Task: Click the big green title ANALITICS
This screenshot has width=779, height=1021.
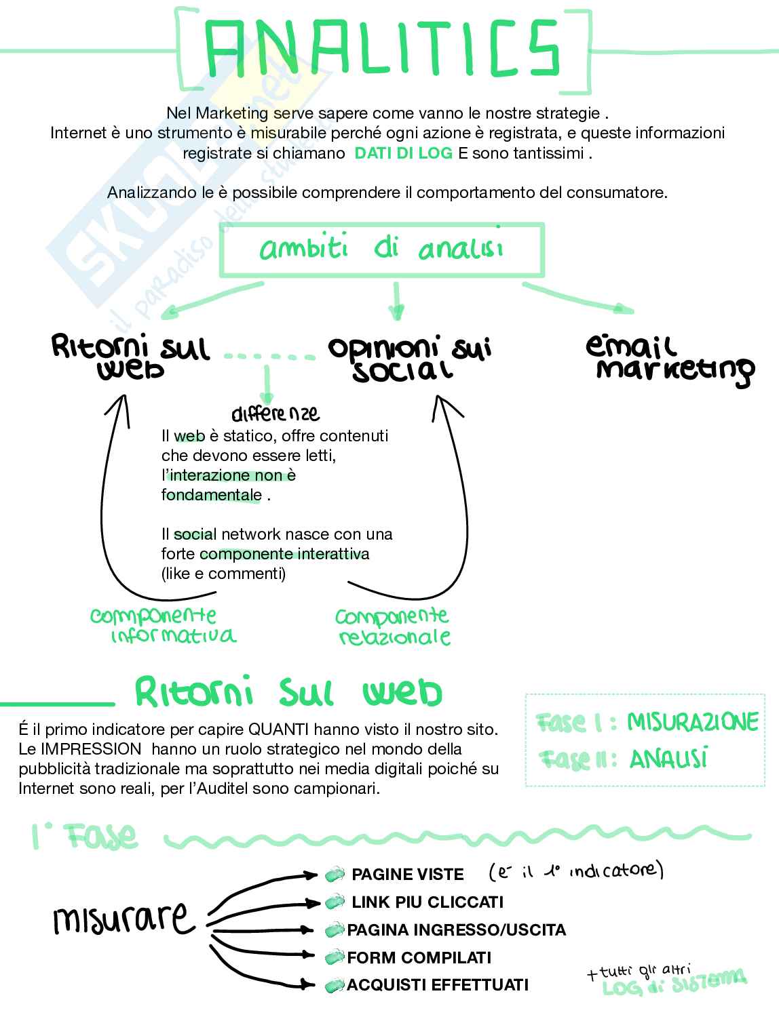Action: coord(383,49)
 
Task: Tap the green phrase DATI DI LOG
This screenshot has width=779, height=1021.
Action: coord(403,153)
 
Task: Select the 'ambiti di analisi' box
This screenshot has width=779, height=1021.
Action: coord(381,249)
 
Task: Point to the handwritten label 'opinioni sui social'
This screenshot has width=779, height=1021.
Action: coord(409,358)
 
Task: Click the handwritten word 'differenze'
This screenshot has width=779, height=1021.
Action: coord(275,413)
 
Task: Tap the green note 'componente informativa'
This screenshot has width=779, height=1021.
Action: coord(162,625)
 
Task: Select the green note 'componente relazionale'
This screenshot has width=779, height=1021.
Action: coord(393,626)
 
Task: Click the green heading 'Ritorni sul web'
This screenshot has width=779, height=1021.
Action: coord(288,692)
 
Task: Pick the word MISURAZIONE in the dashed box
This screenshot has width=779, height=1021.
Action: coord(692,722)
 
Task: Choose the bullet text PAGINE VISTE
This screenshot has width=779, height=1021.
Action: coord(407,875)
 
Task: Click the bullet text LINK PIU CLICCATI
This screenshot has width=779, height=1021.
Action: coord(427,902)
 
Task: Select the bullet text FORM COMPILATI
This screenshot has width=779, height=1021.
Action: coord(419,958)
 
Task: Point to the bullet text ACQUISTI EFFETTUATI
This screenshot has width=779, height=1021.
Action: coord(438,985)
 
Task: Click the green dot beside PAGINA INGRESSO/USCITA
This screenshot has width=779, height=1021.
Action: coord(335,930)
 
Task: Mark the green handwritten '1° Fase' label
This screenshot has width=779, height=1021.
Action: coord(84,837)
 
